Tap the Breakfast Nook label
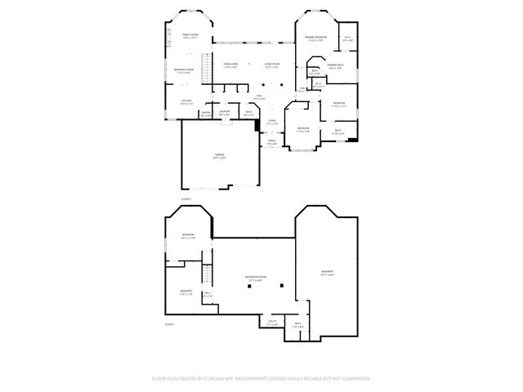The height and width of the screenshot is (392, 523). (184, 71)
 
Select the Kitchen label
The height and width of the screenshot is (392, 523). (186, 102)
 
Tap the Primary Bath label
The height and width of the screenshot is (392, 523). (336, 66)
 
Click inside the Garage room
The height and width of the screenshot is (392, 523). (219, 155)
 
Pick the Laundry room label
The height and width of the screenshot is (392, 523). (225, 114)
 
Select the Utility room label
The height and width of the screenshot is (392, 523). (273, 323)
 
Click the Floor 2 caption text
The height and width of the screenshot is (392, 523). (186, 198)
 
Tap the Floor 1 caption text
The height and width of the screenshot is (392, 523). (169, 324)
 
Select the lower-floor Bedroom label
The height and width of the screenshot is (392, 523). (188, 236)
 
